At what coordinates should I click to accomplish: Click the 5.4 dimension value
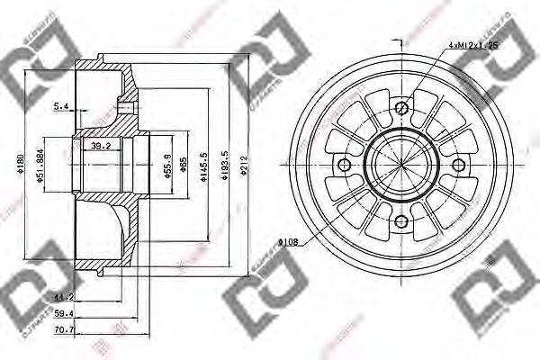point(61,106)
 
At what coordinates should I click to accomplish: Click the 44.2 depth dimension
point(63,296)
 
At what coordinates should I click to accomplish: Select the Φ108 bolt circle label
point(288,240)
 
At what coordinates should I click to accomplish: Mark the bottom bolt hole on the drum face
point(401,221)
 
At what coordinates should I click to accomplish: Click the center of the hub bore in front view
point(401,164)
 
